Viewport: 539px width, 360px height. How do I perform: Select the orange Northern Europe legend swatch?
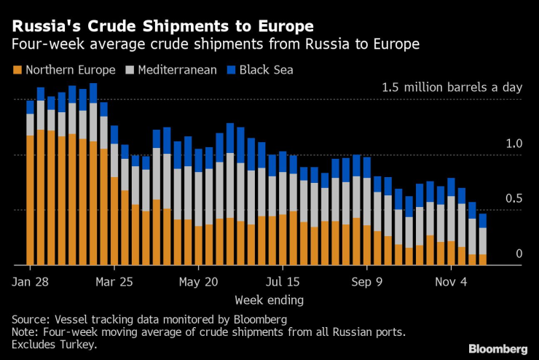tap(17, 70)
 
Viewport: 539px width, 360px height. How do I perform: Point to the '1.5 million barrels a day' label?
tap(452, 87)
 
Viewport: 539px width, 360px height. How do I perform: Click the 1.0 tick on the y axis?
tap(514, 144)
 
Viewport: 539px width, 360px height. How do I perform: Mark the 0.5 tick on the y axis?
tap(514, 199)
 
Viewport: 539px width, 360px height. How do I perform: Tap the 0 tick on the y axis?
tap(519, 254)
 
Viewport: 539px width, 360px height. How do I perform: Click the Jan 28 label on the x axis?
tap(30, 281)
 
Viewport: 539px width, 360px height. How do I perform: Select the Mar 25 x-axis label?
tap(114, 281)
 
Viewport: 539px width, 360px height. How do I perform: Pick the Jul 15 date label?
tap(282, 281)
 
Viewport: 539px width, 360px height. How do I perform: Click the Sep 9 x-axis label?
tap(366, 281)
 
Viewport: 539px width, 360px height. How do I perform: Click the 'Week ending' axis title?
tap(269, 300)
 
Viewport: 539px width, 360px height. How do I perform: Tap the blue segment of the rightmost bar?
tap(482, 221)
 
